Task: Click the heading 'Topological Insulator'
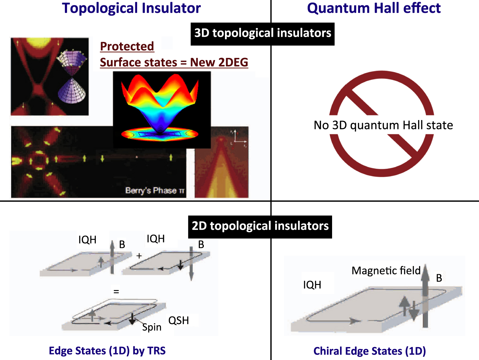[131, 8]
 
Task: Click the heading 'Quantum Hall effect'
[374, 8]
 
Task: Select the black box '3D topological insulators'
[263, 33]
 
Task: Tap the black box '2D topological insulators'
[260, 226]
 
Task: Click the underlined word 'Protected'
[127, 47]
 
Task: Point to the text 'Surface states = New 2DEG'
[174, 63]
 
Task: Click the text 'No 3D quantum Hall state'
[383, 125]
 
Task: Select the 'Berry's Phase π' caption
[155, 190]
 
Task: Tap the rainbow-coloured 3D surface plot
[161, 107]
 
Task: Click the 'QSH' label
[179, 320]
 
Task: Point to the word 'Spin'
[152, 327]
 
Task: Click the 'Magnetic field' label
[386, 271]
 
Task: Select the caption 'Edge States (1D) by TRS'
[107, 351]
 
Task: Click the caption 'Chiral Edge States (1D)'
[369, 351]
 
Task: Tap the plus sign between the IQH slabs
[139, 256]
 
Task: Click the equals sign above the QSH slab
[116, 292]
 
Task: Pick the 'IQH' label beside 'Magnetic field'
[312, 285]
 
